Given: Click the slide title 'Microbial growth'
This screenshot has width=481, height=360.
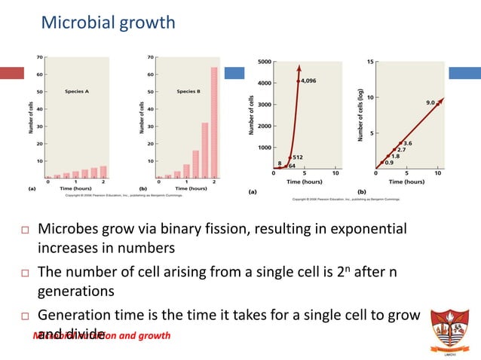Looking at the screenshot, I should pyautogui.click(x=108, y=23).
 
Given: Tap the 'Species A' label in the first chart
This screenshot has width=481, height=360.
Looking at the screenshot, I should pyautogui.click(x=76, y=91).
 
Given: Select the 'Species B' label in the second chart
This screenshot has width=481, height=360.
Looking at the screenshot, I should pyautogui.click(x=188, y=91).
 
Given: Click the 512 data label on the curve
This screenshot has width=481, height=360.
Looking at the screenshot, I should pyautogui.click(x=298, y=157).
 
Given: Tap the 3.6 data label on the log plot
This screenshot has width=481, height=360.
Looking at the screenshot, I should pyautogui.click(x=408, y=143).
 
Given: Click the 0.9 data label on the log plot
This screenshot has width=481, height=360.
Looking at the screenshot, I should pyautogui.click(x=389, y=163).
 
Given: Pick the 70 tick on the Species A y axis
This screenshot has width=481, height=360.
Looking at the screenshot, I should pyautogui.click(x=39, y=56).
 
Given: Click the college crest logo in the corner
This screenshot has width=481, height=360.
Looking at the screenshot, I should pyautogui.click(x=451, y=328).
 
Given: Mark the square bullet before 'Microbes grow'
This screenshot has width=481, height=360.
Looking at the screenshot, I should pyautogui.click(x=23, y=229).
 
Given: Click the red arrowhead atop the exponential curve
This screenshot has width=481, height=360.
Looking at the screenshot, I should pyautogui.click(x=299, y=66).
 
